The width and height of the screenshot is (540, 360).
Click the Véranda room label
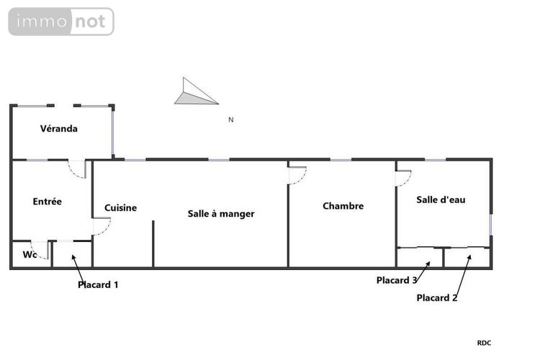click(x=58, y=129)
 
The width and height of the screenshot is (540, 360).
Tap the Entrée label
click(x=48, y=202)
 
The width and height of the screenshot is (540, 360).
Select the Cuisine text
click(x=120, y=208)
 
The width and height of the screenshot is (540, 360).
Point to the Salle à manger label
click(x=221, y=214)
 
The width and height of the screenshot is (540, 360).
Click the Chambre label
click(x=343, y=206)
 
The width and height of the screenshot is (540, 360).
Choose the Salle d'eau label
click(x=441, y=200)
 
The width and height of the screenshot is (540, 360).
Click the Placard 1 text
click(x=98, y=284)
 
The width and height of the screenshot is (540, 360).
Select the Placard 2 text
click(x=437, y=297)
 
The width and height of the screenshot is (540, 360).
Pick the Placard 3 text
click(x=397, y=280)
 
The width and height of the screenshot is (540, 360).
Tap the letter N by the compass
click(x=230, y=120)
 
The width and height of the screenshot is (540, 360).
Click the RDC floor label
click(x=485, y=343)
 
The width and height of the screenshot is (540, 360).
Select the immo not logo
click(x=61, y=22)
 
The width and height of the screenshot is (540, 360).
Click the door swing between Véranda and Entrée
click(x=77, y=169)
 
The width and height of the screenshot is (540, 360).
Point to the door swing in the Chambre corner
click(x=297, y=174)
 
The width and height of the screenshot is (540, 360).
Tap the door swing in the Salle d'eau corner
click(x=403, y=177)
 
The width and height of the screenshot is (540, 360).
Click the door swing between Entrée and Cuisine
click(x=102, y=227)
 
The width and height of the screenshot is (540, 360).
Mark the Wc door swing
click(x=40, y=249)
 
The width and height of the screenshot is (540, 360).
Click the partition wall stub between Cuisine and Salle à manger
click(x=153, y=243)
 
